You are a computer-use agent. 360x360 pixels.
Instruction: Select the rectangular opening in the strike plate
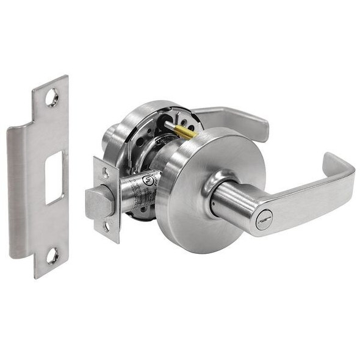coord(55,177)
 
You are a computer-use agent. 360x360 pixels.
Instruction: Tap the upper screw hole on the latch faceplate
coord(105,173)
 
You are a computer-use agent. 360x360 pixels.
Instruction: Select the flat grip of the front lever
coord(299,198)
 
